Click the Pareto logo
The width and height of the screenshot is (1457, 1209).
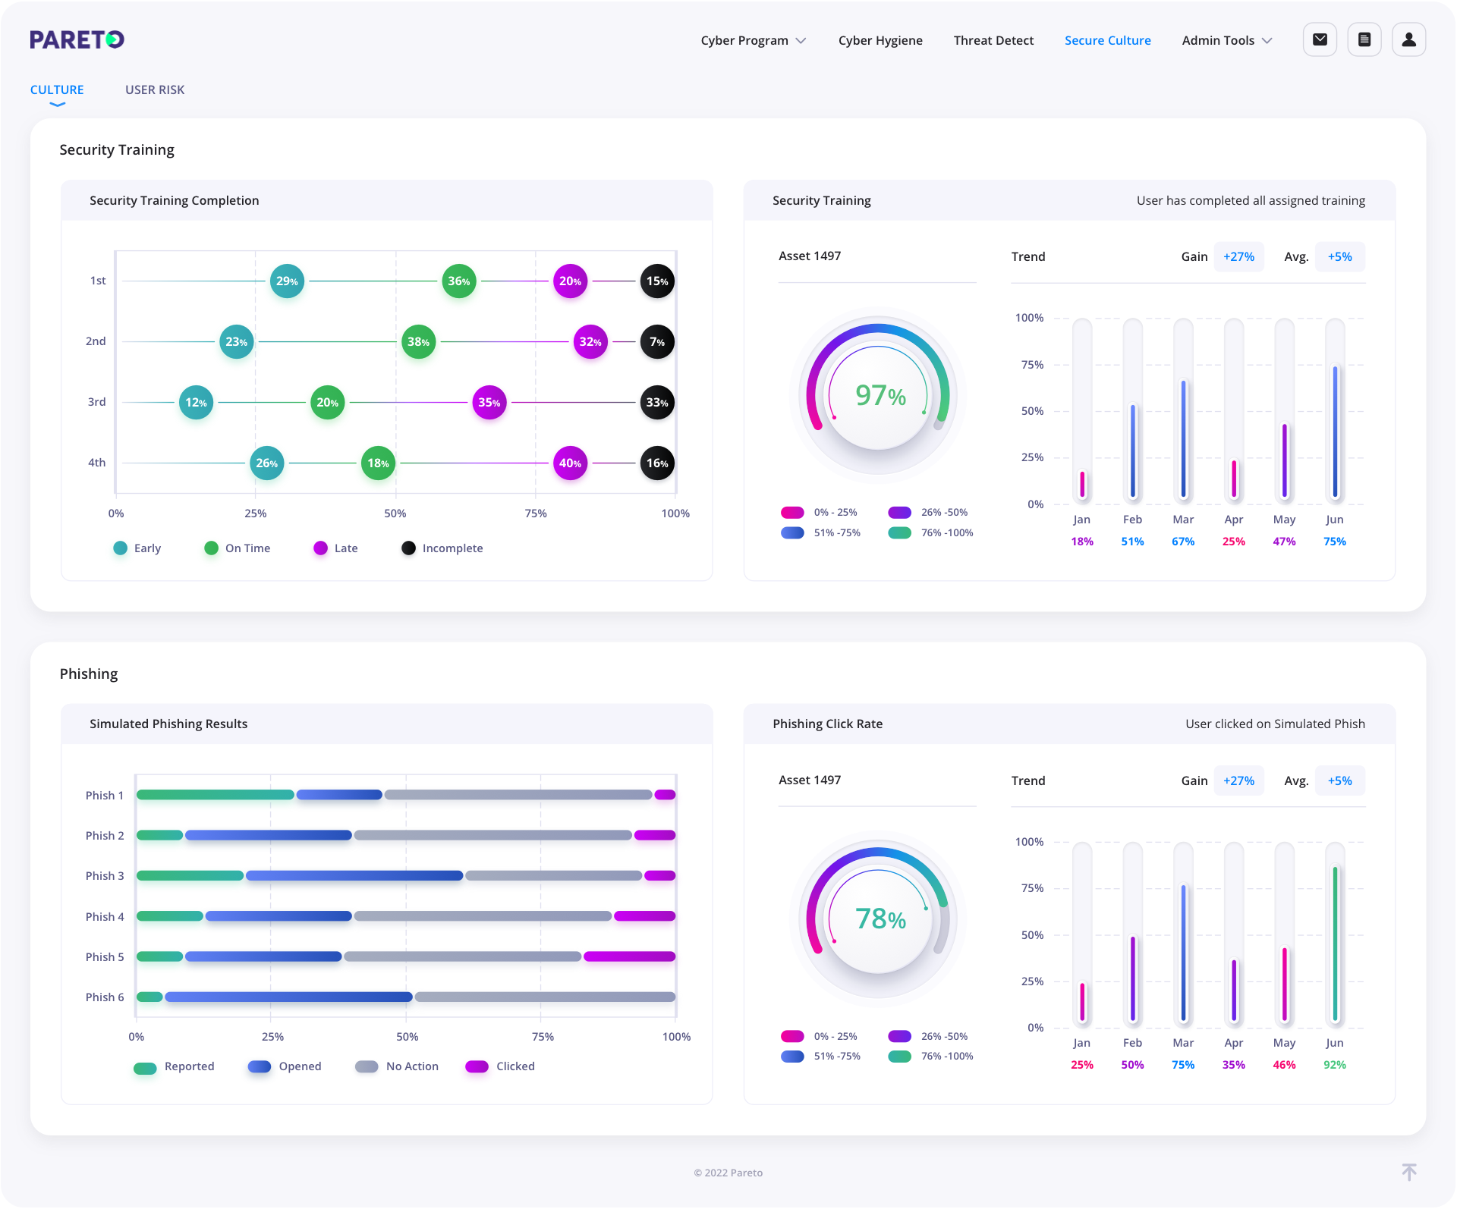[77, 39]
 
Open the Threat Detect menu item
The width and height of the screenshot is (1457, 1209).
[993, 40]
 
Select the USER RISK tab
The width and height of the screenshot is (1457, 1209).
[155, 89]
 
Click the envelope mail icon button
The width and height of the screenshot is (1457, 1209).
[1320, 39]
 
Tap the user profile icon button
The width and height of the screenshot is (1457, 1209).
[1408, 39]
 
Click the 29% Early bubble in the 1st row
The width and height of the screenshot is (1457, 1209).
[287, 281]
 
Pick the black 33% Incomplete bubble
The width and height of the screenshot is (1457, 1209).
[656, 403]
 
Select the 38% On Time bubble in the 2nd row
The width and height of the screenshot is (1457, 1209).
[418, 342]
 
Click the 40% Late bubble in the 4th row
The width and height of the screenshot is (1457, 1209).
[570, 463]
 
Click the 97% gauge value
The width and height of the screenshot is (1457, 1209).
[880, 395]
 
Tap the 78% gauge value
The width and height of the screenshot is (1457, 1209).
[880, 919]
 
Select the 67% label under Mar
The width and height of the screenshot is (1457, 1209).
[1182, 542]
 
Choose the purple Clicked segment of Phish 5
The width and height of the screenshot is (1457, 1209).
[629, 956]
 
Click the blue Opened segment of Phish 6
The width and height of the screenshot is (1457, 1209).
[288, 997]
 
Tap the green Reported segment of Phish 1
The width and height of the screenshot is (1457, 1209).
[216, 795]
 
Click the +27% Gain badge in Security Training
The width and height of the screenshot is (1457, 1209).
[1238, 257]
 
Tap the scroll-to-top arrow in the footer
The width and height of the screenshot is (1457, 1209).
[1408, 1172]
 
